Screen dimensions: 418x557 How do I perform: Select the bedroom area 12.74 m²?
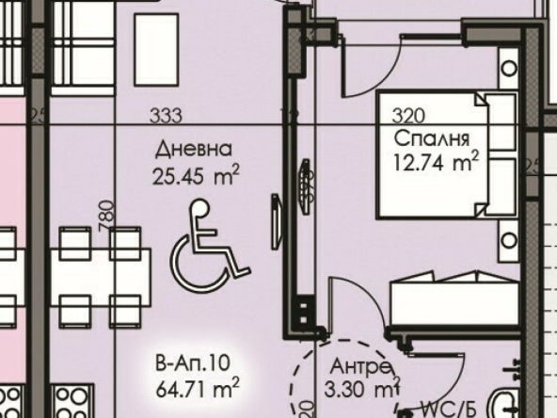coord(438,162)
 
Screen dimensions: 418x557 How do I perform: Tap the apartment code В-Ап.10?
coord(191,361)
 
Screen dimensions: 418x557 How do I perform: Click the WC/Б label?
coord(448,410)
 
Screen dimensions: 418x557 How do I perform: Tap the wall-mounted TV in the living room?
coord(276,222)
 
